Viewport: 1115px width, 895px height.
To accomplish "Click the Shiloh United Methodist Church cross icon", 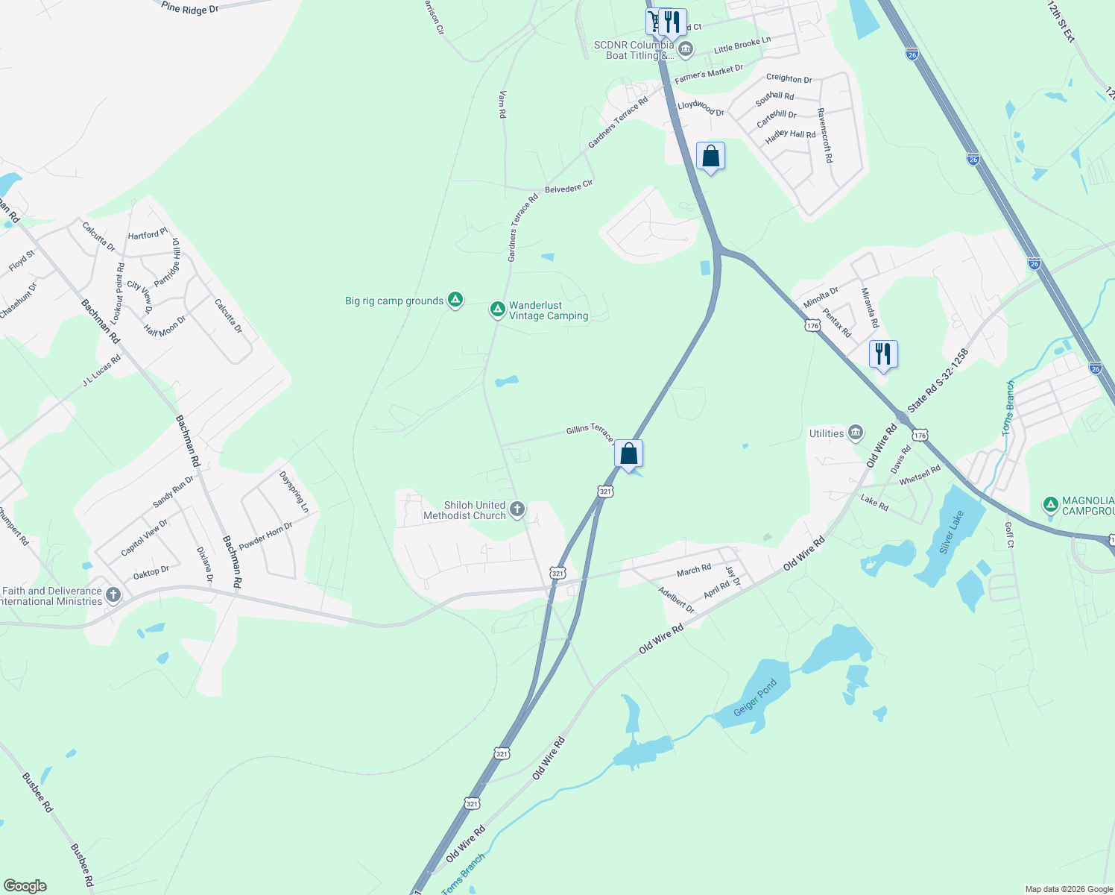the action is click(517, 510).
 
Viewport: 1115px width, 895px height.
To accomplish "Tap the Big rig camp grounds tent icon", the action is click(455, 301).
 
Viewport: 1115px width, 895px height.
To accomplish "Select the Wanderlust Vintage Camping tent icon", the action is click(498, 310).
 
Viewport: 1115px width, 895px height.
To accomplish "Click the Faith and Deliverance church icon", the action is click(113, 594).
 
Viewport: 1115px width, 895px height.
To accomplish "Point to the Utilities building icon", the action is click(856, 433).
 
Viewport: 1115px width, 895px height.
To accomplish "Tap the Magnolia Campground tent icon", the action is click(1051, 505).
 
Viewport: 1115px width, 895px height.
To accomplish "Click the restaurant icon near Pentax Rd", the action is click(883, 354).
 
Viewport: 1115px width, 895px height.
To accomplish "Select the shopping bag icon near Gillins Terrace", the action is click(628, 453).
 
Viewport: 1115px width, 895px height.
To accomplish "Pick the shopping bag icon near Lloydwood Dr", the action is click(710, 156).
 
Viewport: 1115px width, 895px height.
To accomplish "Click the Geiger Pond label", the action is click(755, 697).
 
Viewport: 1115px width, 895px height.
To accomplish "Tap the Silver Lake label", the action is click(952, 532).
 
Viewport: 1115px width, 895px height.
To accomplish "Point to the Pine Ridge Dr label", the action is click(190, 8).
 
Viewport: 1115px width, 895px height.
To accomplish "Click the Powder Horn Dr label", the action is click(266, 536).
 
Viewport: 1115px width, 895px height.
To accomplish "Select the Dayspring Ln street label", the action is click(294, 492).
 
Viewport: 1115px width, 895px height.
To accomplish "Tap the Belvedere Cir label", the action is click(569, 186).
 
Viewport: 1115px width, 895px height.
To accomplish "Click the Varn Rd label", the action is click(502, 104).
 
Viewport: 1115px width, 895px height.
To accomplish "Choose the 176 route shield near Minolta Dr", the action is click(812, 326).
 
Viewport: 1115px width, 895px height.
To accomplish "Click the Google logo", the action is click(25, 886).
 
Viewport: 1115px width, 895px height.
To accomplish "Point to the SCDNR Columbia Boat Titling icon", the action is click(686, 50).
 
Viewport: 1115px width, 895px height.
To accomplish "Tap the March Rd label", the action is click(694, 571).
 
